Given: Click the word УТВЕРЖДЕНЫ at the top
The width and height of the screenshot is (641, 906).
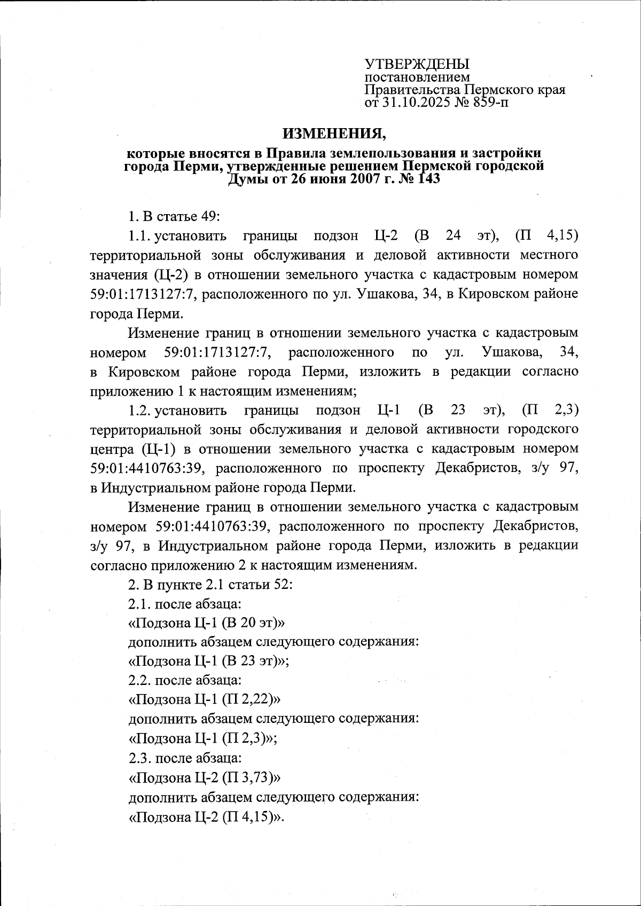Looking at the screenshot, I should tap(417, 64).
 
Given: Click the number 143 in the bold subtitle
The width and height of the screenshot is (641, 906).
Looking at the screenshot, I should tap(425, 179).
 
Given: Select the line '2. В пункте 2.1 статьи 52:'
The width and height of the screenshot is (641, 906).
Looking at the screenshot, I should tap(210, 584).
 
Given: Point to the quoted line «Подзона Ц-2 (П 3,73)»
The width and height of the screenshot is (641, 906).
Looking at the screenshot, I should tap(205, 777).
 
